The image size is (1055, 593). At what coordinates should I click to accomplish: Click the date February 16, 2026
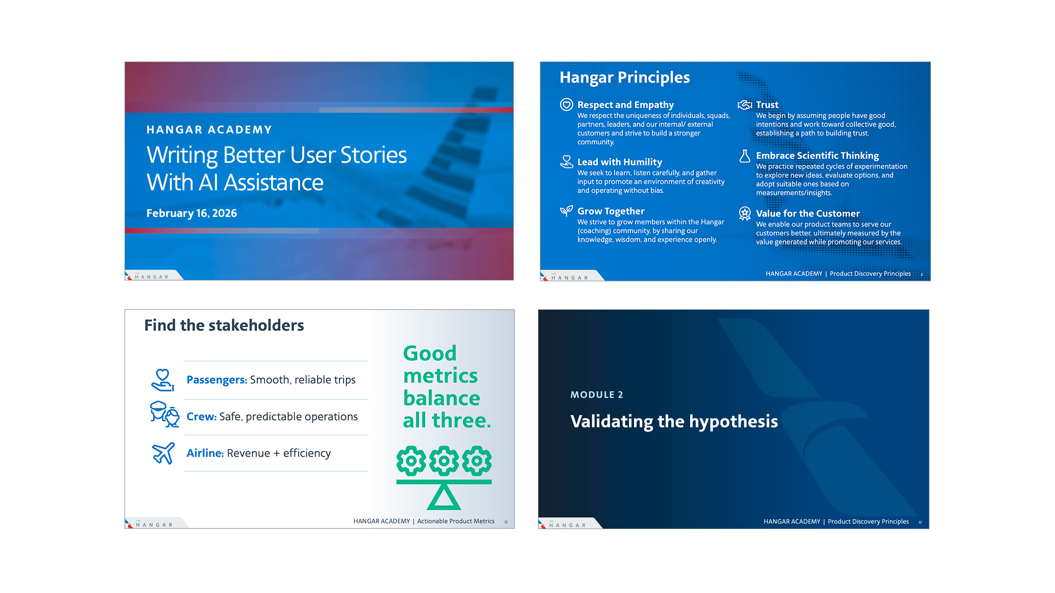click(192, 213)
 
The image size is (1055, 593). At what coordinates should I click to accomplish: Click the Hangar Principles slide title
click(625, 77)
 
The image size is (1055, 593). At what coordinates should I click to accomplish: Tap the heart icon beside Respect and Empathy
click(566, 105)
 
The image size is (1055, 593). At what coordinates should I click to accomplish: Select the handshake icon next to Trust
click(745, 105)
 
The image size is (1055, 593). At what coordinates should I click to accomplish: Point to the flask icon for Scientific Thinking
click(745, 156)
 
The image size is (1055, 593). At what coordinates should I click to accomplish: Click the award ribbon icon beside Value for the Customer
click(745, 214)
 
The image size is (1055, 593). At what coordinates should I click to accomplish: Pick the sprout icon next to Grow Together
click(566, 211)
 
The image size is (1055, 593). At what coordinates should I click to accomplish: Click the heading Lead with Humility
click(620, 162)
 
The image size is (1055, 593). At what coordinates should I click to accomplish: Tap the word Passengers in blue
click(217, 380)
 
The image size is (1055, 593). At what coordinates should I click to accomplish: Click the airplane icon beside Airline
click(163, 453)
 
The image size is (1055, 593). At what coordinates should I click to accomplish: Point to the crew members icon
click(164, 414)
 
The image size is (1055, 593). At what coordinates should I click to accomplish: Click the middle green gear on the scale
click(444, 461)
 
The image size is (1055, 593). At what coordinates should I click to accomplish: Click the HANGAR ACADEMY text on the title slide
click(209, 130)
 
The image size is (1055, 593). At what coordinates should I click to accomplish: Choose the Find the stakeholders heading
click(224, 325)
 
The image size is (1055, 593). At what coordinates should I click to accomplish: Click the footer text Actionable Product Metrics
click(456, 521)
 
